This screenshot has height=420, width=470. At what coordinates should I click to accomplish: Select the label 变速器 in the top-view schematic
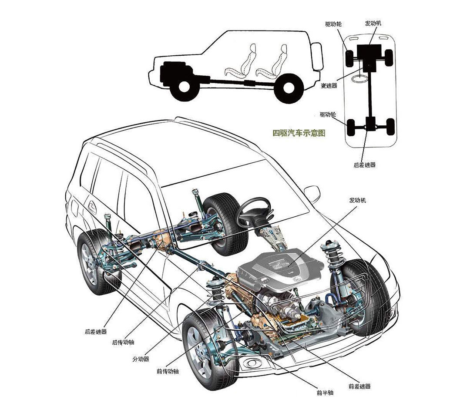click(329, 86)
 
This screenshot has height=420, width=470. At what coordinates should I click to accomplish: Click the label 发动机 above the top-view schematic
click(373, 23)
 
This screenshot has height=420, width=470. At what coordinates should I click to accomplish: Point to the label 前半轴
click(325, 393)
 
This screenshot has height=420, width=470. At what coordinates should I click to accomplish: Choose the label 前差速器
click(359, 386)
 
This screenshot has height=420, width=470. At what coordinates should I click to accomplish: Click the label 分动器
click(141, 359)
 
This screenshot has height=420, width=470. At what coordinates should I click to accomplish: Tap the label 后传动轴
click(123, 343)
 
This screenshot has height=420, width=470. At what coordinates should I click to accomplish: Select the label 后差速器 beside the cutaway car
click(96, 332)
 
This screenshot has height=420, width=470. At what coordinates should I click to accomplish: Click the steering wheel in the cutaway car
click(253, 211)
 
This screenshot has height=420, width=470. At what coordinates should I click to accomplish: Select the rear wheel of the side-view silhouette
click(288, 87)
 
